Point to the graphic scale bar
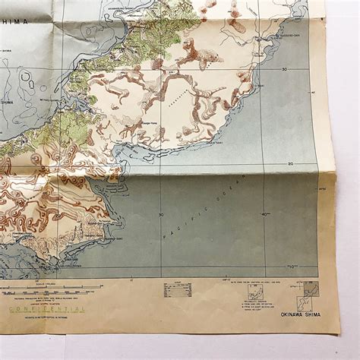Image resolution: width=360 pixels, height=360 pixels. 50,289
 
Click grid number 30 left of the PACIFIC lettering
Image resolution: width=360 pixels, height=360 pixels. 161,214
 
